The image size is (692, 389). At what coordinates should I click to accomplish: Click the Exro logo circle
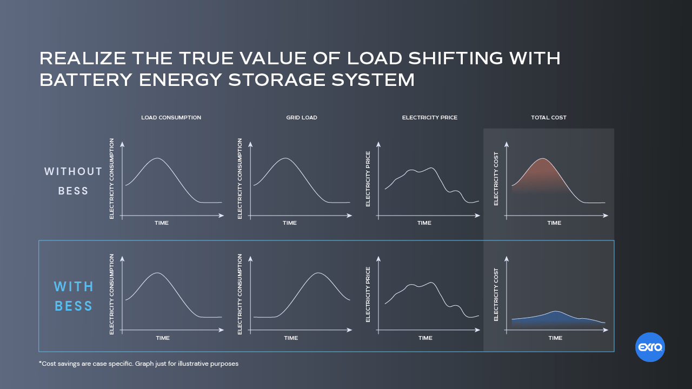[x=650, y=347]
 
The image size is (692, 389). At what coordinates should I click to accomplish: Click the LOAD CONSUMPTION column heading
[x=171, y=118]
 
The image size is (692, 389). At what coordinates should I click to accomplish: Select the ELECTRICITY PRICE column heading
[x=430, y=118]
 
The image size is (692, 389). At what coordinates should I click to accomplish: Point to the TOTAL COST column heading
[x=549, y=118]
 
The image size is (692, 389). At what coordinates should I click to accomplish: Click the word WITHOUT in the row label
[x=74, y=172]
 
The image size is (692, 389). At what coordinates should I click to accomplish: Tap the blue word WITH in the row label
[x=74, y=286]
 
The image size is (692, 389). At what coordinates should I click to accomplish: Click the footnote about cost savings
[x=138, y=364]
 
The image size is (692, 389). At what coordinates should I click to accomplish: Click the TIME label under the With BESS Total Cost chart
[x=555, y=338]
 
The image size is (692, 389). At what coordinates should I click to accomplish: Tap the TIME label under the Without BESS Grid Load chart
[x=290, y=223]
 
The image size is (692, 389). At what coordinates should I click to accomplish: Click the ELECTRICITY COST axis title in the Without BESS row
[x=496, y=178]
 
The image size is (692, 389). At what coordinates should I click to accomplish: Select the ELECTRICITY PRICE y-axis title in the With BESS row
[x=368, y=294]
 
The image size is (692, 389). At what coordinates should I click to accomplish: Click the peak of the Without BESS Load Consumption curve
[x=157, y=158]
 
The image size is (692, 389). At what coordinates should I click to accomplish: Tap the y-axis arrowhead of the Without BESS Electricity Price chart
[x=378, y=144]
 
